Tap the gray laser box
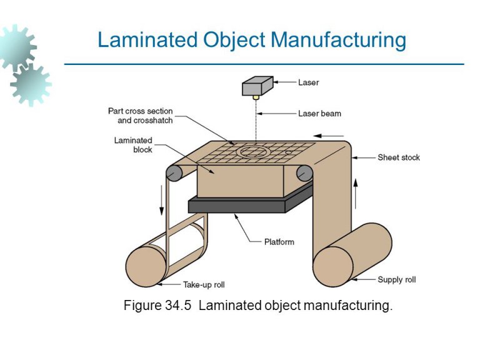click(x=256, y=86)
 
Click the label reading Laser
click(x=308, y=82)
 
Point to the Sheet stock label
click(x=398, y=157)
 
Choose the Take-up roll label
click(x=203, y=285)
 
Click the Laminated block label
click(x=133, y=145)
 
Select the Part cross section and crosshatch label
click(x=140, y=116)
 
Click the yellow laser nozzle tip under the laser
click(x=255, y=97)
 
